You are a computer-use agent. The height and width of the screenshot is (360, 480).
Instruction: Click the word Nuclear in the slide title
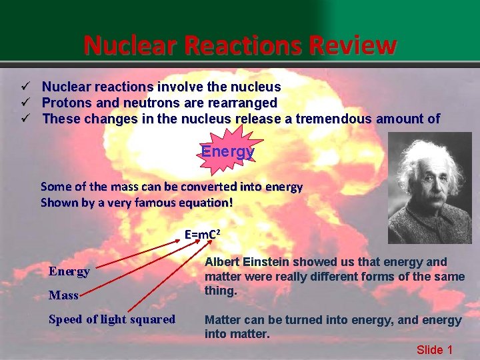[127, 45]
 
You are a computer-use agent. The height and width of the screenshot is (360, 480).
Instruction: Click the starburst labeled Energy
[228, 151]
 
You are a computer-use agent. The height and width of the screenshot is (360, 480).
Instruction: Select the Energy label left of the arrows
[69, 271]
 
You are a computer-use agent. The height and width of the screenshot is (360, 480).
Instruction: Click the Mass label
[63, 295]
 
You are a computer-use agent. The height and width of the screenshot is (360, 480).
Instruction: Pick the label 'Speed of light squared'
[111, 319]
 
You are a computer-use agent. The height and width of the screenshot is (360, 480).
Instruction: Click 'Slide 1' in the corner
[435, 349]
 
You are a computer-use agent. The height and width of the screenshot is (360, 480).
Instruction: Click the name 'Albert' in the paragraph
[222, 262]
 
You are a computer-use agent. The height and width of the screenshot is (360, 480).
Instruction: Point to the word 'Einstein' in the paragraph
[267, 262]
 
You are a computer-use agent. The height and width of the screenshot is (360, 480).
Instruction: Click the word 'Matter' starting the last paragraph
[222, 320]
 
